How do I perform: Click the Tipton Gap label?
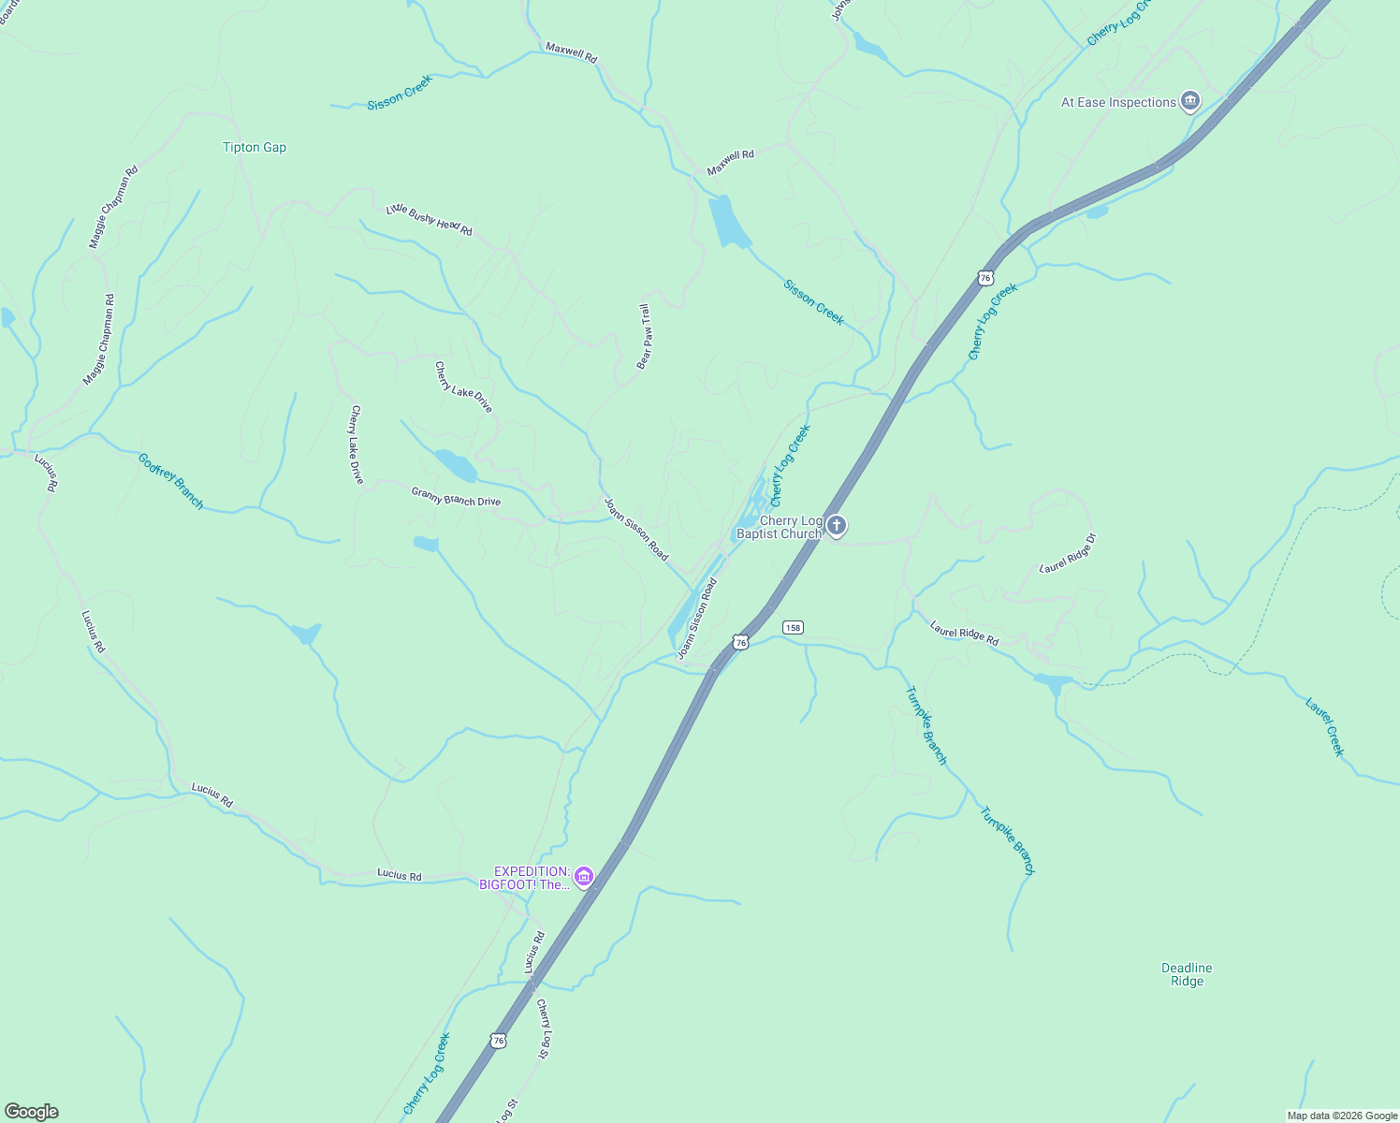click(255, 147)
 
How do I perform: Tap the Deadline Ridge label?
click(1187, 974)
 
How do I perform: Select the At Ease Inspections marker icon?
click(1190, 101)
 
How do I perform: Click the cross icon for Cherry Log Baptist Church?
click(837, 526)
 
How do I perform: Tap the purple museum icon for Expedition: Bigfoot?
click(584, 877)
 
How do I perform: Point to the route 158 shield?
click(794, 627)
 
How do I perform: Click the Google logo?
click(31, 1112)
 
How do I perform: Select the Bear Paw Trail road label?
click(644, 336)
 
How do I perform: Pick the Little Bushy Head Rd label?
click(430, 220)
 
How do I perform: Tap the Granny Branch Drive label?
click(456, 496)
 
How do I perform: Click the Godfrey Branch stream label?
click(170, 480)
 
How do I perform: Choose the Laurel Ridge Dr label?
click(1068, 553)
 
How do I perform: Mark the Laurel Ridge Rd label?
click(964, 634)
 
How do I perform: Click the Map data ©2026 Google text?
click(1341, 1116)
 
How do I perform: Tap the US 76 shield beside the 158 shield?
click(741, 642)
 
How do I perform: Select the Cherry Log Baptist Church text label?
click(779, 527)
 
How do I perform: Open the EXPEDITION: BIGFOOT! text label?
click(526, 878)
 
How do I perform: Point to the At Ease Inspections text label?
click(1117, 103)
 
